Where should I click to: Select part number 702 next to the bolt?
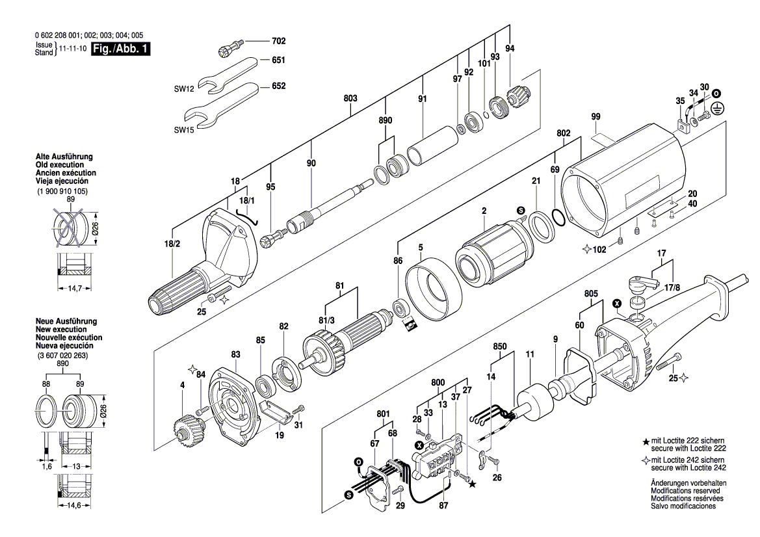click(278, 41)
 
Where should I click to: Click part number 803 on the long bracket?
click(350, 98)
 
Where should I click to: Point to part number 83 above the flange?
click(235, 354)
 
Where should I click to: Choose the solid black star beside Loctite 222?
click(645, 442)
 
